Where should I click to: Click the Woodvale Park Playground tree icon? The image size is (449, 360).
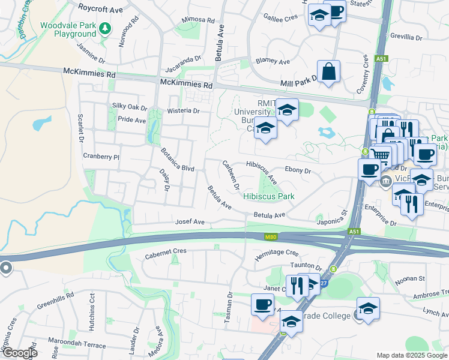pyautogui.click(x=105, y=28)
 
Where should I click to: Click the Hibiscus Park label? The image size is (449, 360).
pyautogui.click(x=268, y=196)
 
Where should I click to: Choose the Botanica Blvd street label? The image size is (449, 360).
pyautogui.click(x=176, y=160)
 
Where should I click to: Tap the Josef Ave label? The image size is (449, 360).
pyautogui.click(x=190, y=222)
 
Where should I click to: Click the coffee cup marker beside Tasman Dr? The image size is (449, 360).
pyautogui.click(x=262, y=304)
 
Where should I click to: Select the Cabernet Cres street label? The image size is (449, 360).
pyautogui.click(x=166, y=251)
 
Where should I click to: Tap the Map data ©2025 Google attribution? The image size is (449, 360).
pyautogui.click(x=411, y=355)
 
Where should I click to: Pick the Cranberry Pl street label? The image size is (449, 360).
pyautogui.click(x=102, y=157)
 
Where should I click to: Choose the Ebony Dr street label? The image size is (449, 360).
pyautogui.click(x=298, y=170)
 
